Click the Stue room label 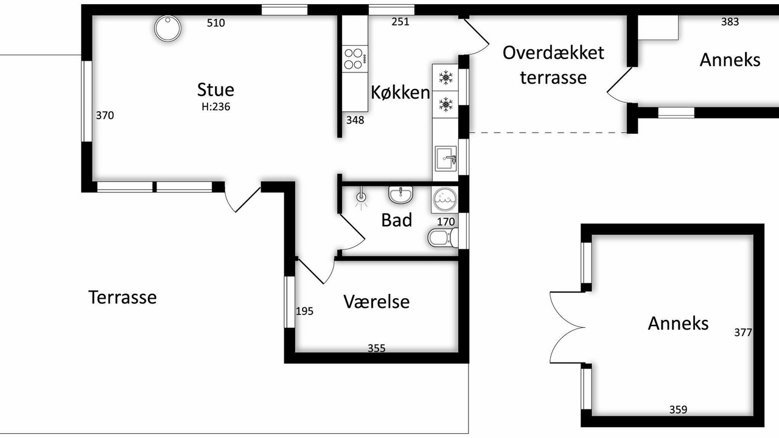(x=215, y=89)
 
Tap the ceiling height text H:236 (x=216, y=106)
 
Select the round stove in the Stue (x=167, y=29)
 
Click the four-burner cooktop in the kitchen (x=355, y=59)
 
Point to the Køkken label (x=400, y=92)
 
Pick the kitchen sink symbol (x=445, y=159)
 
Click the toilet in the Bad (x=442, y=237)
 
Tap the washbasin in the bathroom (x=400, y=194)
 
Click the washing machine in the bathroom (x=445, y=200)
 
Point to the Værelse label (x=377, y=301)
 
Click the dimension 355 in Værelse (x=377, y=348)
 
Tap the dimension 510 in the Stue (x=216, y=23)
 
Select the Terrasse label (x=123, y=297)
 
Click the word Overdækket (x=553, y=53)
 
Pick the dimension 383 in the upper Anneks (x=730, y=22)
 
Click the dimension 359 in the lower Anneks (x=678, y=410)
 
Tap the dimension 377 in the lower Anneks (x=743, y=333)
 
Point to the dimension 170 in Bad (x=446, y=222)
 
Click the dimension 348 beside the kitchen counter (x=355, y=120)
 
